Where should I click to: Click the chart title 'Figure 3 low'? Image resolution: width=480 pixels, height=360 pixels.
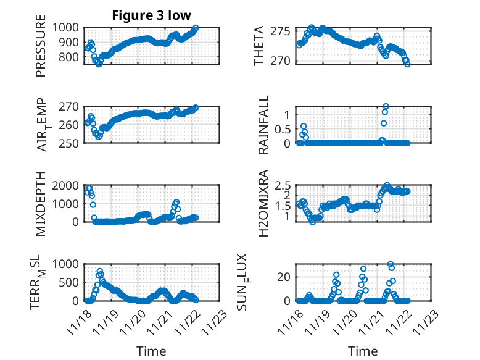tap(151, 15)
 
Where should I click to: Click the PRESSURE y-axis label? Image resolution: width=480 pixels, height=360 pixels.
tap(41, 49)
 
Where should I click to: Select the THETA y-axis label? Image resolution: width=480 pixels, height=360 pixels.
tap(259, 46)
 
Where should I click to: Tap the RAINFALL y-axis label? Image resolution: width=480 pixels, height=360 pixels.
tap(263, 125)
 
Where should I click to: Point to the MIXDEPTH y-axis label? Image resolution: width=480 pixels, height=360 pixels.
tap(41, 203)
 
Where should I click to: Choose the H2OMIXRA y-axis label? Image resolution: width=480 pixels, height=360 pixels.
tap(263, 203)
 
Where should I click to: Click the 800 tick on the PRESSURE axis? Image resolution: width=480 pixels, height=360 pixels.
tap(70, 57)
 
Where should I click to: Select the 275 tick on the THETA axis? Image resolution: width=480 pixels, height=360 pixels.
tap(282, 31)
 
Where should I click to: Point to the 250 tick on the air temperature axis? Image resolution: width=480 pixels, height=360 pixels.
tap(70, 143)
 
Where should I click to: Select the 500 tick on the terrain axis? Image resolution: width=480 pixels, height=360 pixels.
tap(70, 283)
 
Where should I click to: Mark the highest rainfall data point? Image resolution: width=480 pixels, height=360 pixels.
tap(386, 107)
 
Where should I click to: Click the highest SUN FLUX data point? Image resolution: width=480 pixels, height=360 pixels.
tap(391, 264)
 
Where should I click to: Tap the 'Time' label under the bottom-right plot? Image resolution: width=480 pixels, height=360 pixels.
tap(363, 351)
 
